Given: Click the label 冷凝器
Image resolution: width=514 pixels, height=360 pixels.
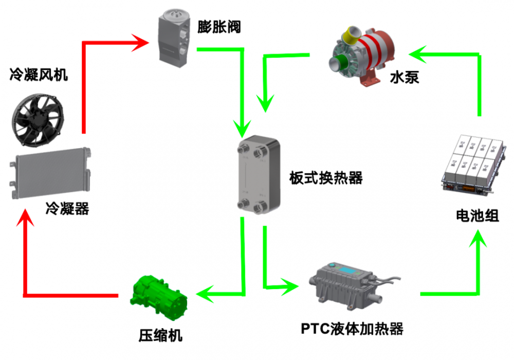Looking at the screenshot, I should click(67, 208).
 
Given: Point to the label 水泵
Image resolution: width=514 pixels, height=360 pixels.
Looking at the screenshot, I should click(405, 77).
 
